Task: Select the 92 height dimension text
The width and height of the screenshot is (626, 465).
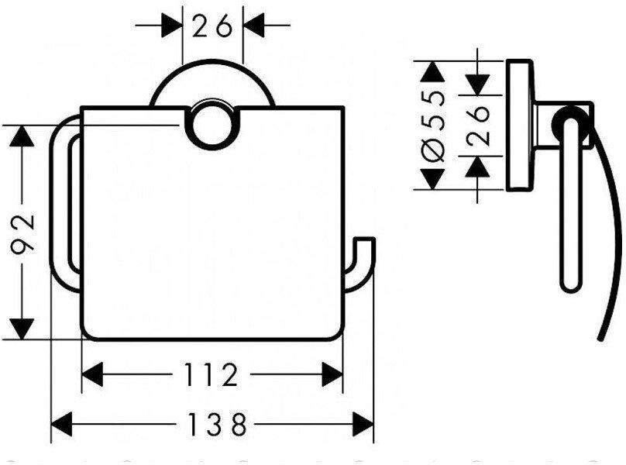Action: pyautogui.click(x=26, y=231)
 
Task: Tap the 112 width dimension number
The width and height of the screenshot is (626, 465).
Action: pyautogui.click(x=212, y=376)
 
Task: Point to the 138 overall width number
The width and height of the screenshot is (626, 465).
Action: pyautogui.click(x=212, y=424)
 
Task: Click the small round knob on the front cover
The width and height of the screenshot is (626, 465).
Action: pyautogui.click(x=212, y=125)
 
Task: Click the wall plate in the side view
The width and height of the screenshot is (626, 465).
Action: pyautogui.click(x=517, y=125)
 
